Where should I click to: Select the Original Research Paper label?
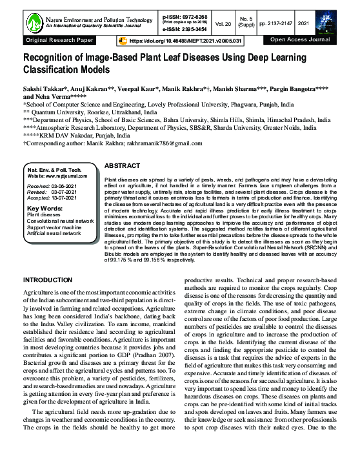coord(59,40)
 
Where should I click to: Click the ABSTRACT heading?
coord(121,165)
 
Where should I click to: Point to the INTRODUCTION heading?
coord(54,280)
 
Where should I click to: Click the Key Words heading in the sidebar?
coord(45,209)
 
